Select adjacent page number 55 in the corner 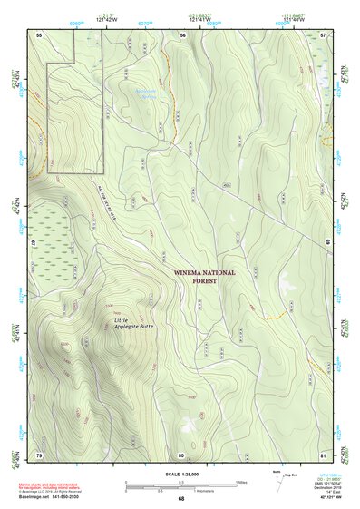(x=39, y=34)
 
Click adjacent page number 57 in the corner (x=325, y=34)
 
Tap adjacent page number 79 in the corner (x=39, y=454)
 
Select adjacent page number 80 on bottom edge (x=181, y=454)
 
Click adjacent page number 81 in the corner (x=325, y=454)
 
